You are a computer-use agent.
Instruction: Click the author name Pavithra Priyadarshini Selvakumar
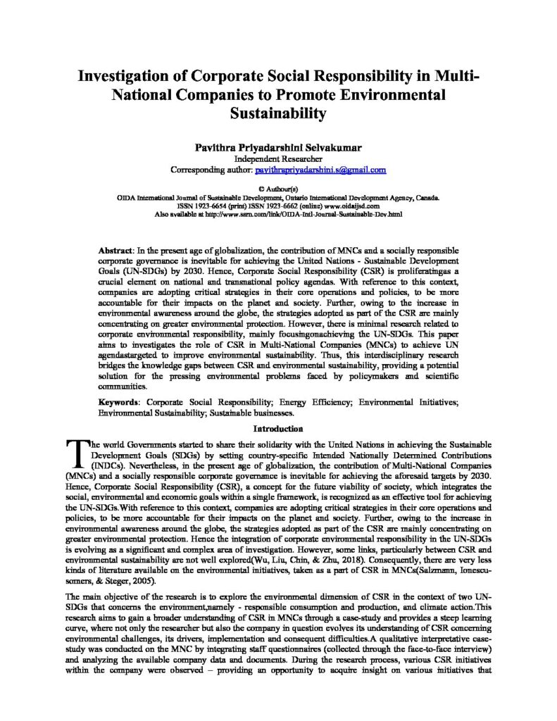coord(278,149)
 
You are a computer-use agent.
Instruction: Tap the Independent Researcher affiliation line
coord(278,159)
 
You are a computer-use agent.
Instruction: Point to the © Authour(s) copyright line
coord(279,189)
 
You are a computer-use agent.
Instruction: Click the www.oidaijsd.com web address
coord(355,206)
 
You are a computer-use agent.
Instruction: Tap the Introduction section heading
coord(278,427)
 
